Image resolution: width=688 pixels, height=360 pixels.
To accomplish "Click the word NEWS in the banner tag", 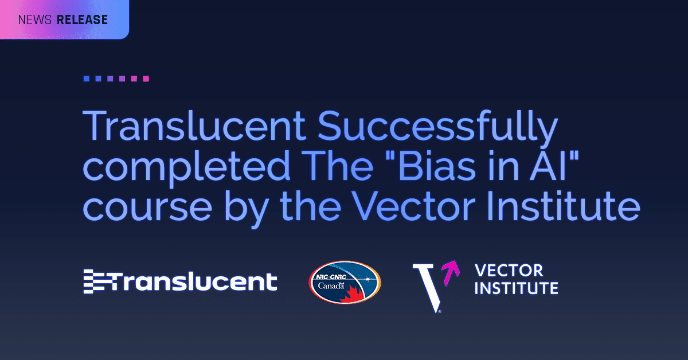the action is [x=35, y=20].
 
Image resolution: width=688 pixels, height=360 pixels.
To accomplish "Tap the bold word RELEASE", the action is [x=83, y=20].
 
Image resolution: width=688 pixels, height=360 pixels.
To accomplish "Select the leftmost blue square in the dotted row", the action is [x=87, y=79].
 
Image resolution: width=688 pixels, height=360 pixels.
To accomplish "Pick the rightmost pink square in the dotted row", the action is [x=146, y=79].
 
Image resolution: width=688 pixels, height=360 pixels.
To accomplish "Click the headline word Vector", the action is [x=413, y=206].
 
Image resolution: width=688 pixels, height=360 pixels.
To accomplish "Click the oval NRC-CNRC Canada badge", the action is [x=345, y=283].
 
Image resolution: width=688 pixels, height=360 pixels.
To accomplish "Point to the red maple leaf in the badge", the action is [x=353, y=295].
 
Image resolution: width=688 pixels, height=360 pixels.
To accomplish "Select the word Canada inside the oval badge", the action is [x=331, y=286].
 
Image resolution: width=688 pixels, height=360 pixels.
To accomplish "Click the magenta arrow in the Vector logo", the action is [x=451, y=272].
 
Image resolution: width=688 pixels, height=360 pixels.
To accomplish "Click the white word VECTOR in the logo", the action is [x=509, y=271].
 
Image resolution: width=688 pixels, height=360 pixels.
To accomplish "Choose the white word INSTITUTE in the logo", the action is [x=517, y=288].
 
